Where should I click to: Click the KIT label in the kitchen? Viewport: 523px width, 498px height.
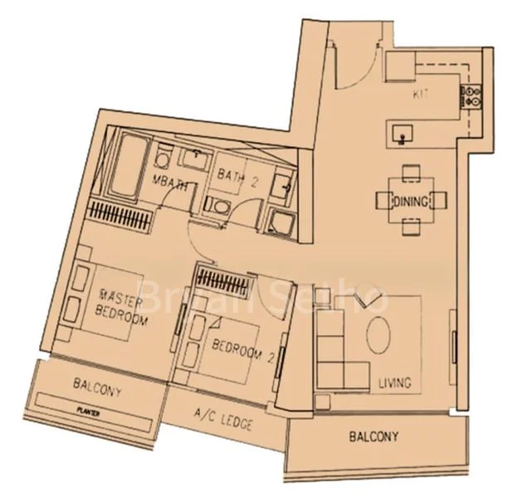tap(419, 96)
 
